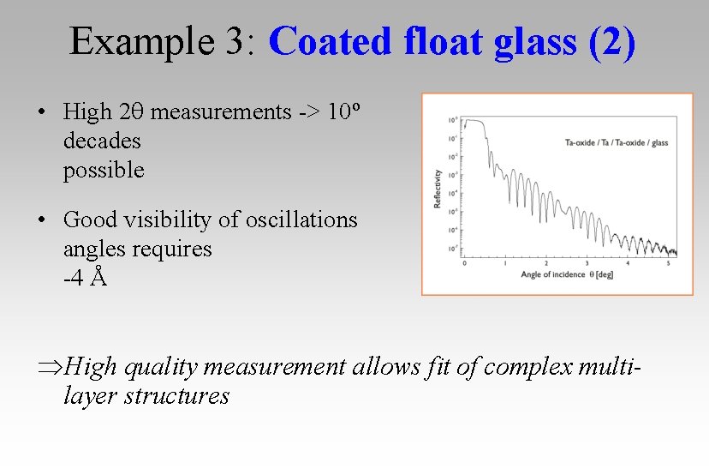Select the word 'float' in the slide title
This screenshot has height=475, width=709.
[439, 41]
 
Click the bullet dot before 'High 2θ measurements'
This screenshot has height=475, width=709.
[41, 112]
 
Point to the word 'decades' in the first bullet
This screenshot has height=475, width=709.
[102, 141]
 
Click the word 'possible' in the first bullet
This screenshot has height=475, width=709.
[104, 170]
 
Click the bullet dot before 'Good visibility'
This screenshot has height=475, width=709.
[41, 220]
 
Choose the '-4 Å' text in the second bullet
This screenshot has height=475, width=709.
[85, 278]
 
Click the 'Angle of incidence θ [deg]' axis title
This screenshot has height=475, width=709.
[567, 275]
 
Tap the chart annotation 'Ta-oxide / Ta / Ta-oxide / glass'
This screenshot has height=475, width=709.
[617, 142]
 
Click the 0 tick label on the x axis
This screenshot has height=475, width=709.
[464, 262]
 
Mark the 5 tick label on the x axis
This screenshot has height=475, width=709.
[668, 262]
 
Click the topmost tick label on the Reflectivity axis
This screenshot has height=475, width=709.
[453, 120]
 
